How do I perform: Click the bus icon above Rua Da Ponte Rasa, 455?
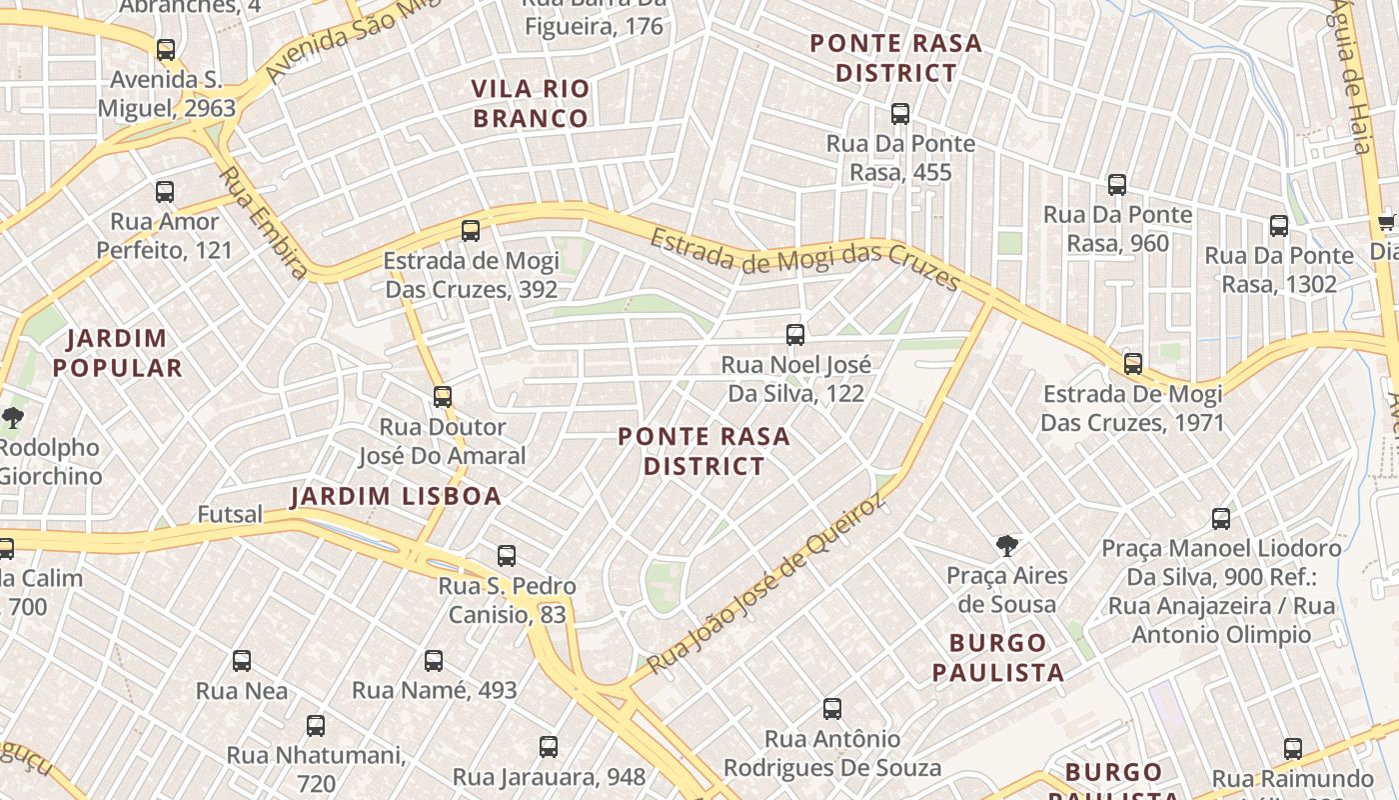click(x=900, y=114)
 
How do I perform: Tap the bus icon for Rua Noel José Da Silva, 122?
click(x=795, y=335)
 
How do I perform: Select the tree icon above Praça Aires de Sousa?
click(x=1007, y=546)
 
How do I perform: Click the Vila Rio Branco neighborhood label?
click(x=531, y=104)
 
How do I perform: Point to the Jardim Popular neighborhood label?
click(x=118, y=353)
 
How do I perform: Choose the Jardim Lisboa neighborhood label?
click(x=396, y=497)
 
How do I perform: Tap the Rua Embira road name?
click(x=263, y=222)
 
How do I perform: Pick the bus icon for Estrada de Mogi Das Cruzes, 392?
click(x=471, y=231)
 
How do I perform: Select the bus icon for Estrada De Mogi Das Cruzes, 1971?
click(x=1132, y=364)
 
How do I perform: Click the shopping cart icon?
click(x=1386, y=222)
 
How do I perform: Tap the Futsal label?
click(x=230, y=515)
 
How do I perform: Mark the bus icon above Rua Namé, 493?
click(x=434, y=661)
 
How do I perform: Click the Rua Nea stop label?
click(x=242, y=691)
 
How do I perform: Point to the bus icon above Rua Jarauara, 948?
click(x=549, y=747)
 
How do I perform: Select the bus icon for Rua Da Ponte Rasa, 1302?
click(x=1279, y=226)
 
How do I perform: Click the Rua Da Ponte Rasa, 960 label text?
click(x=1117, y=229)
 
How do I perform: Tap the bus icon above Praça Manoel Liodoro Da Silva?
click(x=1220, y=519)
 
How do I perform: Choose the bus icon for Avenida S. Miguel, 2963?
click(x=166, y=50)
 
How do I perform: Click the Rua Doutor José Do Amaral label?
click(x=443, y=442)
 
